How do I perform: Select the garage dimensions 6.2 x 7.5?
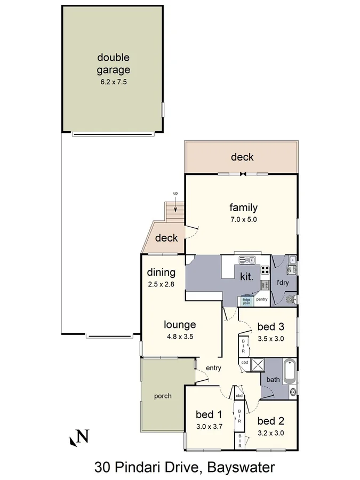point(113,82)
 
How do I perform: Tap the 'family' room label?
point(243,208)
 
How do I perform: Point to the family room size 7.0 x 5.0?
point(243,219)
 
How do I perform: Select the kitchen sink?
point(247,260)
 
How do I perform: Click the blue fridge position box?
point(246,300)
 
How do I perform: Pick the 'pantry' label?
point(261,300)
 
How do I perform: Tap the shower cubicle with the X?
point(258,365)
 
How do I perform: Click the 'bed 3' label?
point(270,326)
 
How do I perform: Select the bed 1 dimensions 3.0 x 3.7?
point(205,426)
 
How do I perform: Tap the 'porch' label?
point(163,396)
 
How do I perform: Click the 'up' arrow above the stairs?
point(175,197)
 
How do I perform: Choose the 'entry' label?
point(213,368)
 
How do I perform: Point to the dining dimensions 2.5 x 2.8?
point(162,284)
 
